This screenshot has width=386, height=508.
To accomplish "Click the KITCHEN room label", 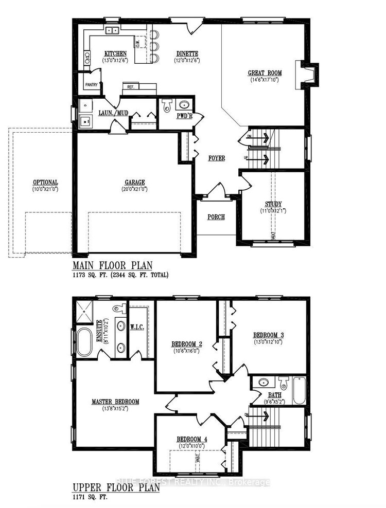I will pos(116,53).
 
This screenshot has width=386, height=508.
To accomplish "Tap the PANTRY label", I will pos(91,85).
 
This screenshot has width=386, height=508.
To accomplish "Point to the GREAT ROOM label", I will pos(264,74).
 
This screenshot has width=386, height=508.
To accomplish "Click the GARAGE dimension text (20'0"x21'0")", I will pos(134,189).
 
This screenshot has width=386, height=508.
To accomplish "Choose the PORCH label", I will pos(216,217).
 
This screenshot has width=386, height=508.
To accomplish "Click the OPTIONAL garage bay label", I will pos(45,183).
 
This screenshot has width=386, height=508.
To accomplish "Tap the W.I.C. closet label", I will pos(137,326).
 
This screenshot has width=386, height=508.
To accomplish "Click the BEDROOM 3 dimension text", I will pos(269,341).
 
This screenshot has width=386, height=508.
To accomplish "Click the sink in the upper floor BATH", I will pos(264,383).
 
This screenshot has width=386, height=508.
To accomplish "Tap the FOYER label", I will pos(217,158).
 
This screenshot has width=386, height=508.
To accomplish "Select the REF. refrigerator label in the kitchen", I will pos(131,87).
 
